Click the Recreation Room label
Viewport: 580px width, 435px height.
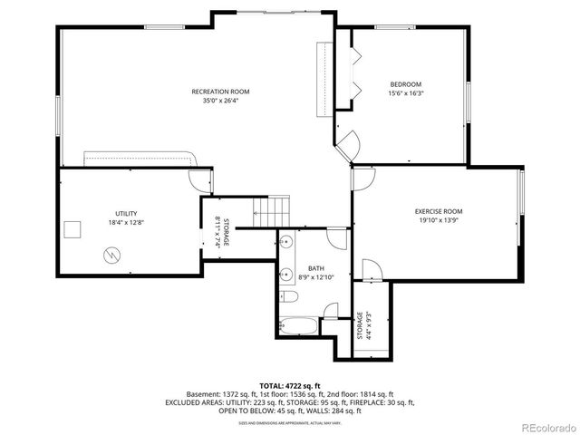click(x=220, y=92)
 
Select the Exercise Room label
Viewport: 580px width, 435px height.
click(x=439, y=211)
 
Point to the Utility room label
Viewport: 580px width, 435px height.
click(x=125, y=211)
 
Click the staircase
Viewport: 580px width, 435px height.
click(x=271, y=214)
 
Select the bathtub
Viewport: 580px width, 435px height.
click(x=298, y=323)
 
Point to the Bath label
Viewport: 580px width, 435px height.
click(x=315, y=268)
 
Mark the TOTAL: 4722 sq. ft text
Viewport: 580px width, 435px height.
click(x=290, y=386)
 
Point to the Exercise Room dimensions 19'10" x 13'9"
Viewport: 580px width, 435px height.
click(x=439, y=220)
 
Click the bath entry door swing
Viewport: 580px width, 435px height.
click(x=336, y=238)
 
